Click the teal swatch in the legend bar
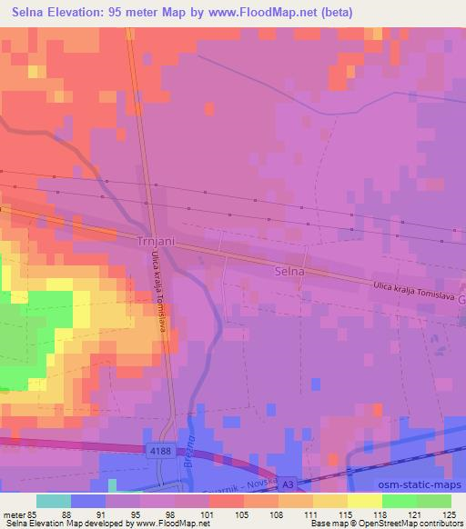pos(54,501)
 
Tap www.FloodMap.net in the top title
pos(255,13)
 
